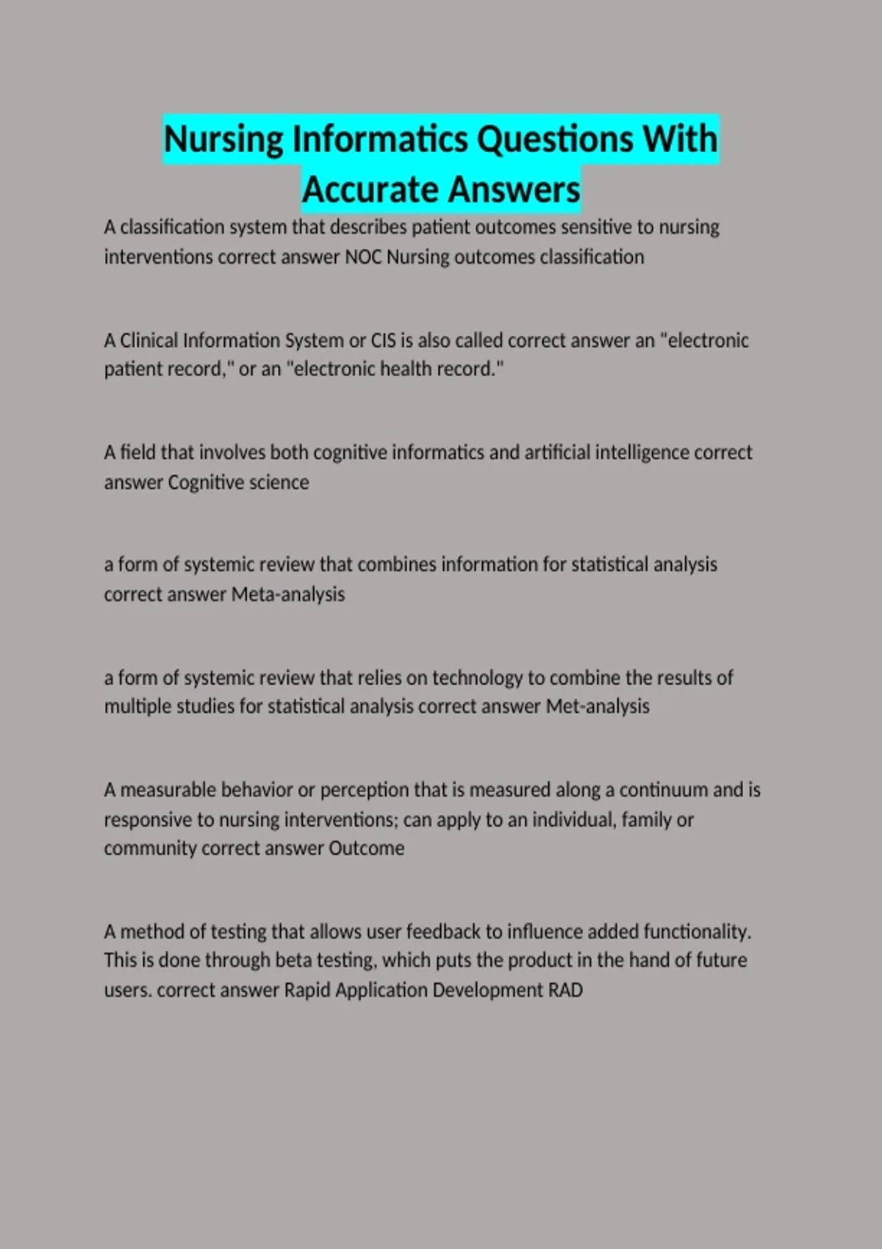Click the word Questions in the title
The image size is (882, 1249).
(x=553, y=139)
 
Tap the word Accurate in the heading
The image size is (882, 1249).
(x=370, y=190)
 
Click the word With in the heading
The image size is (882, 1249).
(x=680, y=139)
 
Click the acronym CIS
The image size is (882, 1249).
(x=383, y=341)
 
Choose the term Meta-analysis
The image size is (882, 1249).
(x=288, y=594)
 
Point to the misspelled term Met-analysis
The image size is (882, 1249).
(x=598, y=707)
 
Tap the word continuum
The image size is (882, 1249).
(x=664, y=790)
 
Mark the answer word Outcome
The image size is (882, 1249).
(x=366, y=849)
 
